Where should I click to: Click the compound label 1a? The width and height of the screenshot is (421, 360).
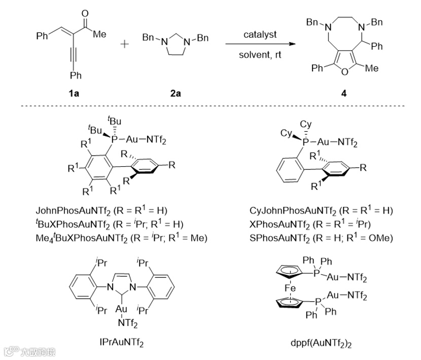75,93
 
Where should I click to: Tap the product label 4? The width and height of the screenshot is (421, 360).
344,93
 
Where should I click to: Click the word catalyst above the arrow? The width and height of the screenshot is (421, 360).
259,34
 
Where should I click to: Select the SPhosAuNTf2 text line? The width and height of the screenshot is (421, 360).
321,237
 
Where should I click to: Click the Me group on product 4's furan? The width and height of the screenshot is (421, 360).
371,68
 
